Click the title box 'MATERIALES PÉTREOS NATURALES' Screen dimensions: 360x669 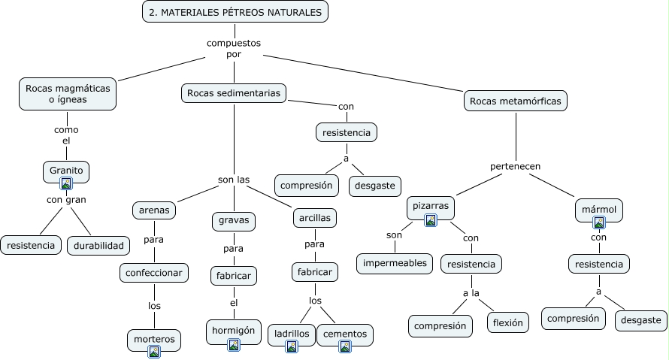click(x=235, y=12)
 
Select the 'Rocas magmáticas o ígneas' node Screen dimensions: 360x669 click(x=68, y=95)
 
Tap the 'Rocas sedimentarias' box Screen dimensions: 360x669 click(x=234, y=93)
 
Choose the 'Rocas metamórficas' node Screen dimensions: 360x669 click(x=515, y=100)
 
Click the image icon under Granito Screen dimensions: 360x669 click(x=66, y=183)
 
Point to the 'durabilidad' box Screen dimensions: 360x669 click(x=98, y=245)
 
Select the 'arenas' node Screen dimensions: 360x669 click(x=155, y=210)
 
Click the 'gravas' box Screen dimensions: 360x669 click(x=234, y=221)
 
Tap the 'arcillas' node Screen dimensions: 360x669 click(x=314, y=217)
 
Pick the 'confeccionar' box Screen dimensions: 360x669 click(x=154, y=272)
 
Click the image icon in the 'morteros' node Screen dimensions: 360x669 click(x=154, y=351)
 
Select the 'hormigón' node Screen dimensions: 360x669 click(x=233, y=330)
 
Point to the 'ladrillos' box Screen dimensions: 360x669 click(x=292, y=333)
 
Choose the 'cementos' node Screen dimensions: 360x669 click(x=345, y=333)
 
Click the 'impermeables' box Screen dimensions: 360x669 click(x=395, y=263)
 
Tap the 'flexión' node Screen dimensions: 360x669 click(x=508, y=322)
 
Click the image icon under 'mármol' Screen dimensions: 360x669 click(x=599, y=222)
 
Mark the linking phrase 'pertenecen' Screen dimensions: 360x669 click(x=516, y=166)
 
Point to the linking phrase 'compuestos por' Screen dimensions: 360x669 click(x=234, y=48)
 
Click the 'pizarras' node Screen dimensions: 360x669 click(x=431, y=205)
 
